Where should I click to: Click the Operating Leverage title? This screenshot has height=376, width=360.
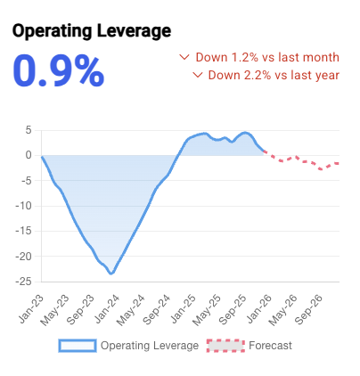click(x=91, y=32)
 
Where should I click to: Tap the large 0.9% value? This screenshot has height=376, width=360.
click(x=59, y=71)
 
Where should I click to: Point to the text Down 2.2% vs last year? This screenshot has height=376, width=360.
click(x=274, y=75)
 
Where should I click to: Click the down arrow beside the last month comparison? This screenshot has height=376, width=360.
click(x=184, y=57)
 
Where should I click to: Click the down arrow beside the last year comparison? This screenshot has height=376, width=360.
click(x=198, y=75)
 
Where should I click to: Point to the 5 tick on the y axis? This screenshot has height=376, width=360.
click(x=28, y=130)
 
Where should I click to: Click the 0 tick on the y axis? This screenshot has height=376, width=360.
click(x=28, y=155)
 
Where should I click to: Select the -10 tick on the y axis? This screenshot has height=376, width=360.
click(x=24, y=206)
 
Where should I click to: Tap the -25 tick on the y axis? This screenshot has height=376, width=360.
click(x=24, y=282)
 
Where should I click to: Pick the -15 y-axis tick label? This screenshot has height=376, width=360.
click(x=24, y=232)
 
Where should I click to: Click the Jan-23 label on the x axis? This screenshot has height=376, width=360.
click(x=29, y=307)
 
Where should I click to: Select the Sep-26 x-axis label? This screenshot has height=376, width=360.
click(x=312, y=307)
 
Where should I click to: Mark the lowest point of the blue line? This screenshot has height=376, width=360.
click(x=111, y=273)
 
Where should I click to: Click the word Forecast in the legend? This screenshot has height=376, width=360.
click(x=272, y=345)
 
